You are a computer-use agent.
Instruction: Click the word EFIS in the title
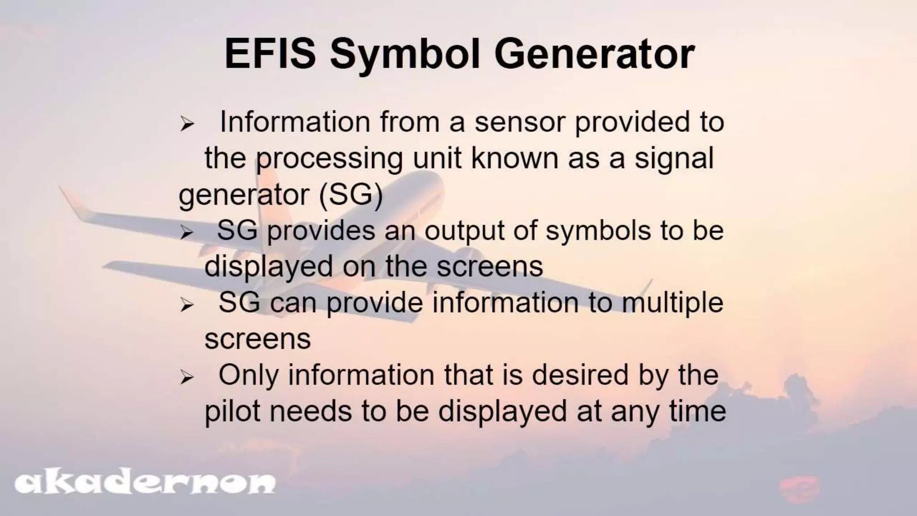coord(270,54)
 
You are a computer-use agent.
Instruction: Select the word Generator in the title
coord(594,54)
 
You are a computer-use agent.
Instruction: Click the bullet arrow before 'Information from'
coord(187,124)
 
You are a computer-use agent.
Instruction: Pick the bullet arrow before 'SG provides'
coord(187,232)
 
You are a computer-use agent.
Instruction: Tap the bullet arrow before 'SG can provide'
coord(187,305)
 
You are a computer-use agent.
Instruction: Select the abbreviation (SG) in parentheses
coord(351,195)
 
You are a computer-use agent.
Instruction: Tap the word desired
coord(580,375)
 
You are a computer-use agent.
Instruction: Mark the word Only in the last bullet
coord(248,375)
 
